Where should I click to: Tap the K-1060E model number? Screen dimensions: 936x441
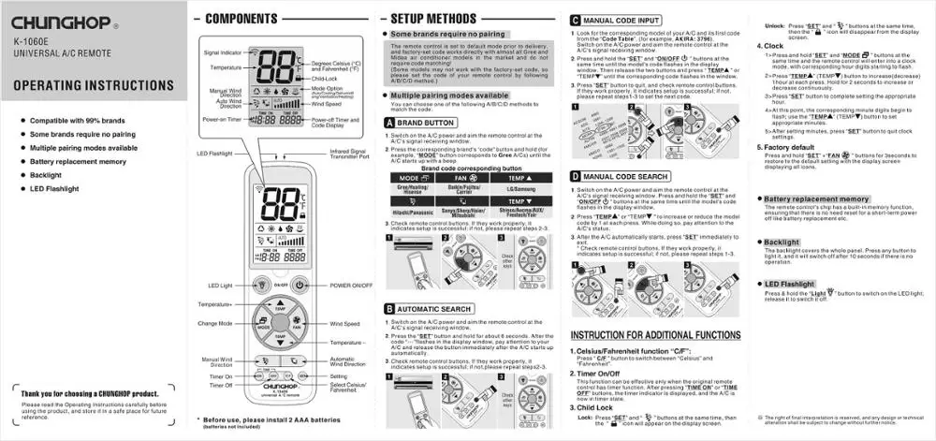coord(36,41)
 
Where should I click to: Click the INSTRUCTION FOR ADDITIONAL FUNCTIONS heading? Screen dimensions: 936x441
coord(655,335)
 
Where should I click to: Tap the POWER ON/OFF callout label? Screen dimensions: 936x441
coord(349,285)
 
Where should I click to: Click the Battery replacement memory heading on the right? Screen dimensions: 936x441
coord(816,198)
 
